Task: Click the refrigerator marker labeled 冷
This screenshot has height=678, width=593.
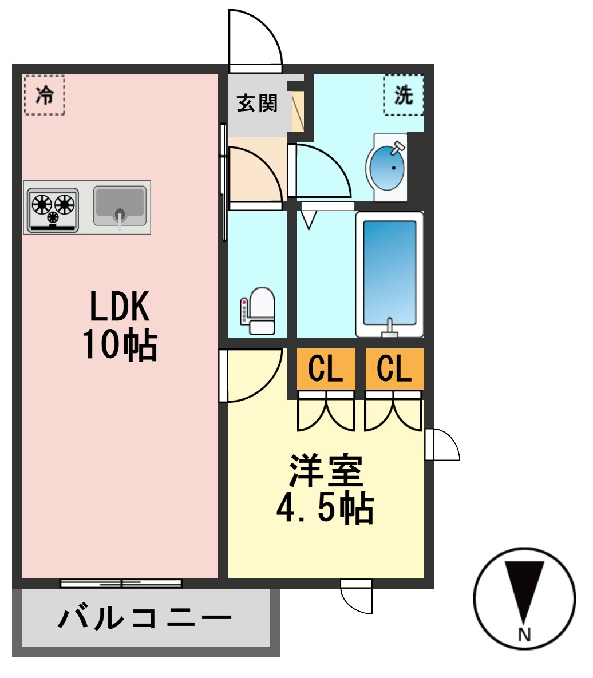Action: click(45, 95)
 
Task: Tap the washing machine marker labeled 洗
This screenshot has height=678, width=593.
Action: click(404, 95)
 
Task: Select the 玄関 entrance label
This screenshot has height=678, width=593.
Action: click(257, 104)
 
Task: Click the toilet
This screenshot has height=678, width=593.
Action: click(259, 310)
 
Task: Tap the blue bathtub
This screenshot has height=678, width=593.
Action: click(389, 274)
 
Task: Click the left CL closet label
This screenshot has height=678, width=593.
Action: click(325, 369)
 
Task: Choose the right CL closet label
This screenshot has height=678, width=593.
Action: click(394, 369)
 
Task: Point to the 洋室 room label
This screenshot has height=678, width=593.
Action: click(325, 471)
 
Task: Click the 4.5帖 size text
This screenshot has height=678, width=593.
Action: click(325, 507)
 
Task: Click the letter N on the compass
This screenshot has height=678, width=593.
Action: click(524, 634)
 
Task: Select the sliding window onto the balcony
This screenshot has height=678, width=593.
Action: click(121, 584)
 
